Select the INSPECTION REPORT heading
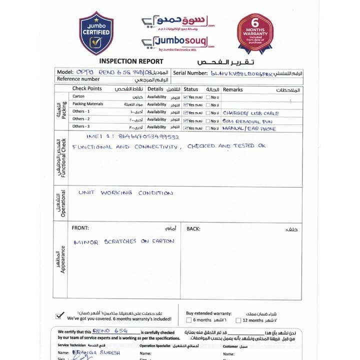[131, 61]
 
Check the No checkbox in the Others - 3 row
[208, 128]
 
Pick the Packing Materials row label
[87, 104]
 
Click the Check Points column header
[87, 88]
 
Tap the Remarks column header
[232, 89]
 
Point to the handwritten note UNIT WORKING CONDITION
[125, 193]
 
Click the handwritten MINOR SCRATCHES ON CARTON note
[124, 241]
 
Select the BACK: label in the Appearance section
[193, 229]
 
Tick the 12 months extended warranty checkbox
[238, 320]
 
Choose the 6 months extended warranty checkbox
[188, 320]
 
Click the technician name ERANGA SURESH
[96, 352]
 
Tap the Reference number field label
[78, 79]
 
